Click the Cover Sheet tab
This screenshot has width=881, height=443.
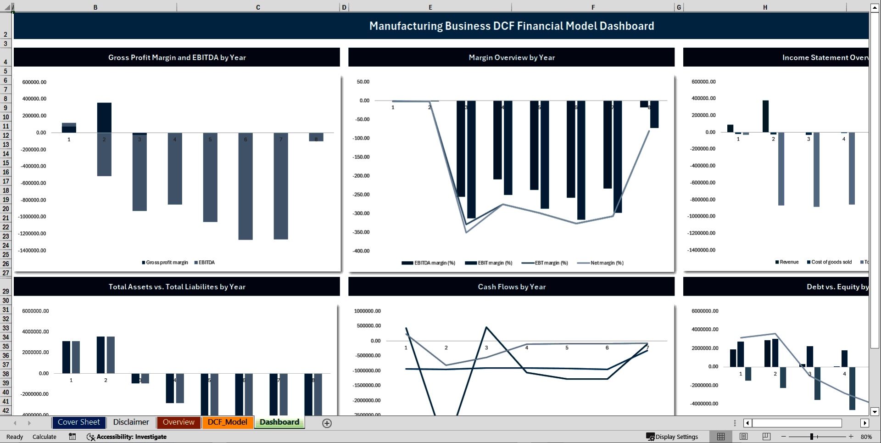[78, 422]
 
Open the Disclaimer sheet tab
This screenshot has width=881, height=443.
[131, 422]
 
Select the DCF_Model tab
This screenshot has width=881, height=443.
[227, 422]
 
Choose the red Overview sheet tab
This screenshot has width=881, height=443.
[178, 422]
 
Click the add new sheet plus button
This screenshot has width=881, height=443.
[327, 423]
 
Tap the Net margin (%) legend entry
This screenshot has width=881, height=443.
[607, 263]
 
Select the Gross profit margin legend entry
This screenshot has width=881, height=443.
[167, 263]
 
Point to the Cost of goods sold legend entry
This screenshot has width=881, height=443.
[831, 262]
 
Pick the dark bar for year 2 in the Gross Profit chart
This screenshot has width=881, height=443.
[104, 118]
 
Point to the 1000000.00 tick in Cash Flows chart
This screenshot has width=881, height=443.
[367, 311]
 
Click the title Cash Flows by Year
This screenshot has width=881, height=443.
[512, 287]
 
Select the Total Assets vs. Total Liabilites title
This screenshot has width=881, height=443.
[177, 287]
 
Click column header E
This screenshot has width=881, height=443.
[430, 7]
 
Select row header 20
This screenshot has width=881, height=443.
[6, 209]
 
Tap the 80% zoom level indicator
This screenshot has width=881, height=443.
[866, 437]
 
